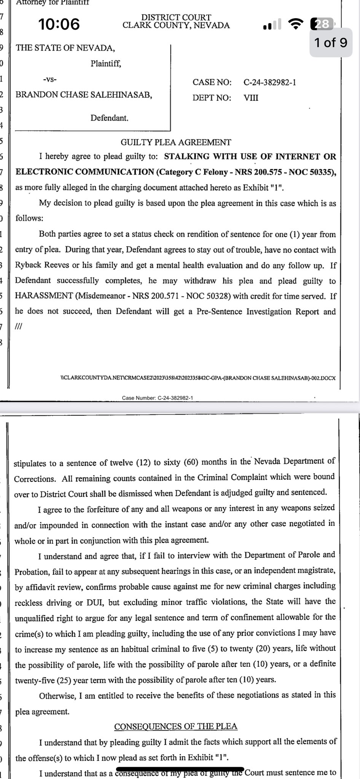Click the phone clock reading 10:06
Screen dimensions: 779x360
(59, 24)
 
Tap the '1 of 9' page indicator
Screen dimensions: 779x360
(330, 42)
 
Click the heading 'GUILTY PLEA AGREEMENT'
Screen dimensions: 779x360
(176, 142)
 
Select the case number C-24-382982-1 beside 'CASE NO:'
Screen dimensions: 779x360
(270, 82)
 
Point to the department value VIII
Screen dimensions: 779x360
(251, 98)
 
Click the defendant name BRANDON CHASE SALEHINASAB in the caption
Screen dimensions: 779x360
(84, 95)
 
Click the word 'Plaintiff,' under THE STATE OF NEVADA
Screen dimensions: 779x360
(106, 64)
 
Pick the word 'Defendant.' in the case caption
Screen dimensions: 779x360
(109, 118)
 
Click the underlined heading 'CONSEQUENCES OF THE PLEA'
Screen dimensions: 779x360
(176, 727)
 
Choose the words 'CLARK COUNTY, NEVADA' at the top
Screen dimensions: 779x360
(176, 25)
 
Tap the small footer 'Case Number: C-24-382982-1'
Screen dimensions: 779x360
(158, 398)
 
